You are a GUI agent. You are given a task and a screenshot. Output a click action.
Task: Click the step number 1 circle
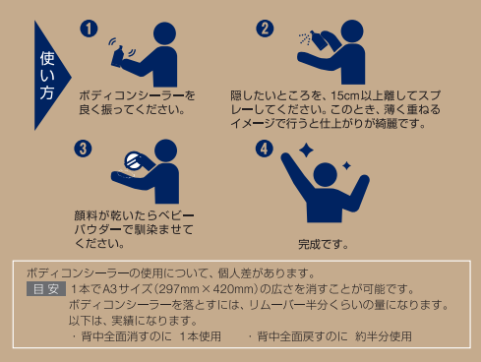coord(89,29)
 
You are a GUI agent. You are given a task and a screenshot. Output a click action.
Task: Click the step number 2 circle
coord(265,29)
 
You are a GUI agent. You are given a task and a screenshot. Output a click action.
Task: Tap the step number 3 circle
coord(83,149)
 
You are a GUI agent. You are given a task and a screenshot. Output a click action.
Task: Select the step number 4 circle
coord(265,149)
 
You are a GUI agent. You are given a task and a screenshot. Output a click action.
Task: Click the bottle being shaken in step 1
coord(117,57)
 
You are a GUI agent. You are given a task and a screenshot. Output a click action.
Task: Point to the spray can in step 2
coord(318,40)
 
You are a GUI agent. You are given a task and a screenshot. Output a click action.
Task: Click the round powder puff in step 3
coord(134,161)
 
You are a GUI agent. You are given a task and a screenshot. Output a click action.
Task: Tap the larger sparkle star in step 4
coord(306,151)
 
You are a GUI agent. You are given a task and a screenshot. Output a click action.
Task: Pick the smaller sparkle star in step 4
coord(346,165)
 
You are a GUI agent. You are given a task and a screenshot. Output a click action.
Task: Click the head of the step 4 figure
coord(326,175)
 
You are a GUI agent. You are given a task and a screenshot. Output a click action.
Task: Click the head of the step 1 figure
coord(164,33)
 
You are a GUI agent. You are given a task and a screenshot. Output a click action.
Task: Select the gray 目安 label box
coord(46,289)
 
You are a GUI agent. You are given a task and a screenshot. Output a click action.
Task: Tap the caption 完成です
coord(323,244)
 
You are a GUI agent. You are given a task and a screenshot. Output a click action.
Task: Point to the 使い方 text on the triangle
coord(47,76)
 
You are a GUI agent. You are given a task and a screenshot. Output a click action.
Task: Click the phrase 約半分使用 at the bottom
coord(384,336)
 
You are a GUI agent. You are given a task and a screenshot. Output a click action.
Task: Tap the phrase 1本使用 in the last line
coord(201,336)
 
